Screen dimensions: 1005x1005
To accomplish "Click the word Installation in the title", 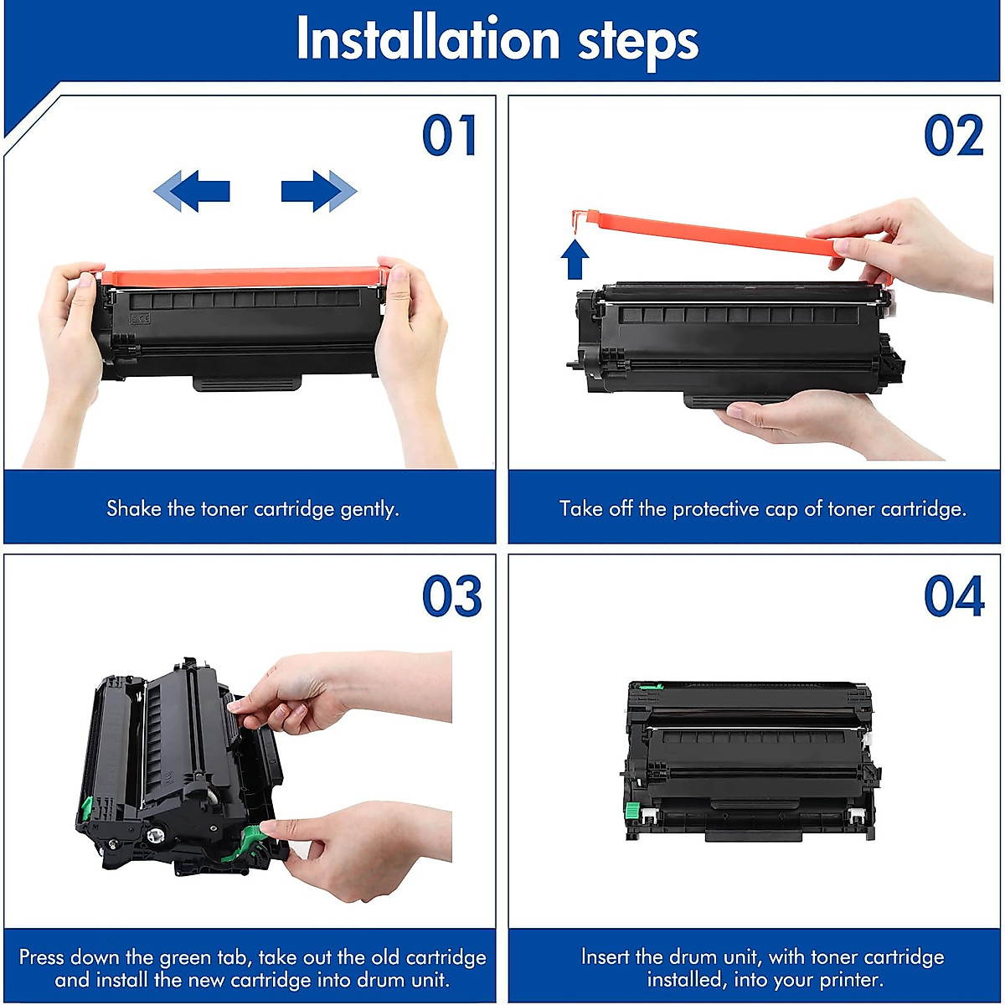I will (x=427, y=40).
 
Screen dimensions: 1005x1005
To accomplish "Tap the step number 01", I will (x=450, y=137).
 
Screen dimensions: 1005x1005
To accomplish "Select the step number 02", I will (x=953, y=137).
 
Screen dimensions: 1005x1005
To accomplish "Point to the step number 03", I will (x=451, y=596).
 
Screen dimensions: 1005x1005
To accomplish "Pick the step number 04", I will (x=953, y=596).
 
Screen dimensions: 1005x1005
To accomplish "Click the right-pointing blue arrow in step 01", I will (x=318, y=191).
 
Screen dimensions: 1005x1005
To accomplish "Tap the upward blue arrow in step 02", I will (x=575, y=260).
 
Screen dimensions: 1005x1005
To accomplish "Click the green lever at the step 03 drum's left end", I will (x=85, y=808).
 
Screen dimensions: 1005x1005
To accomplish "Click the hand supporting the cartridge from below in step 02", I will (x=804, y=419).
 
